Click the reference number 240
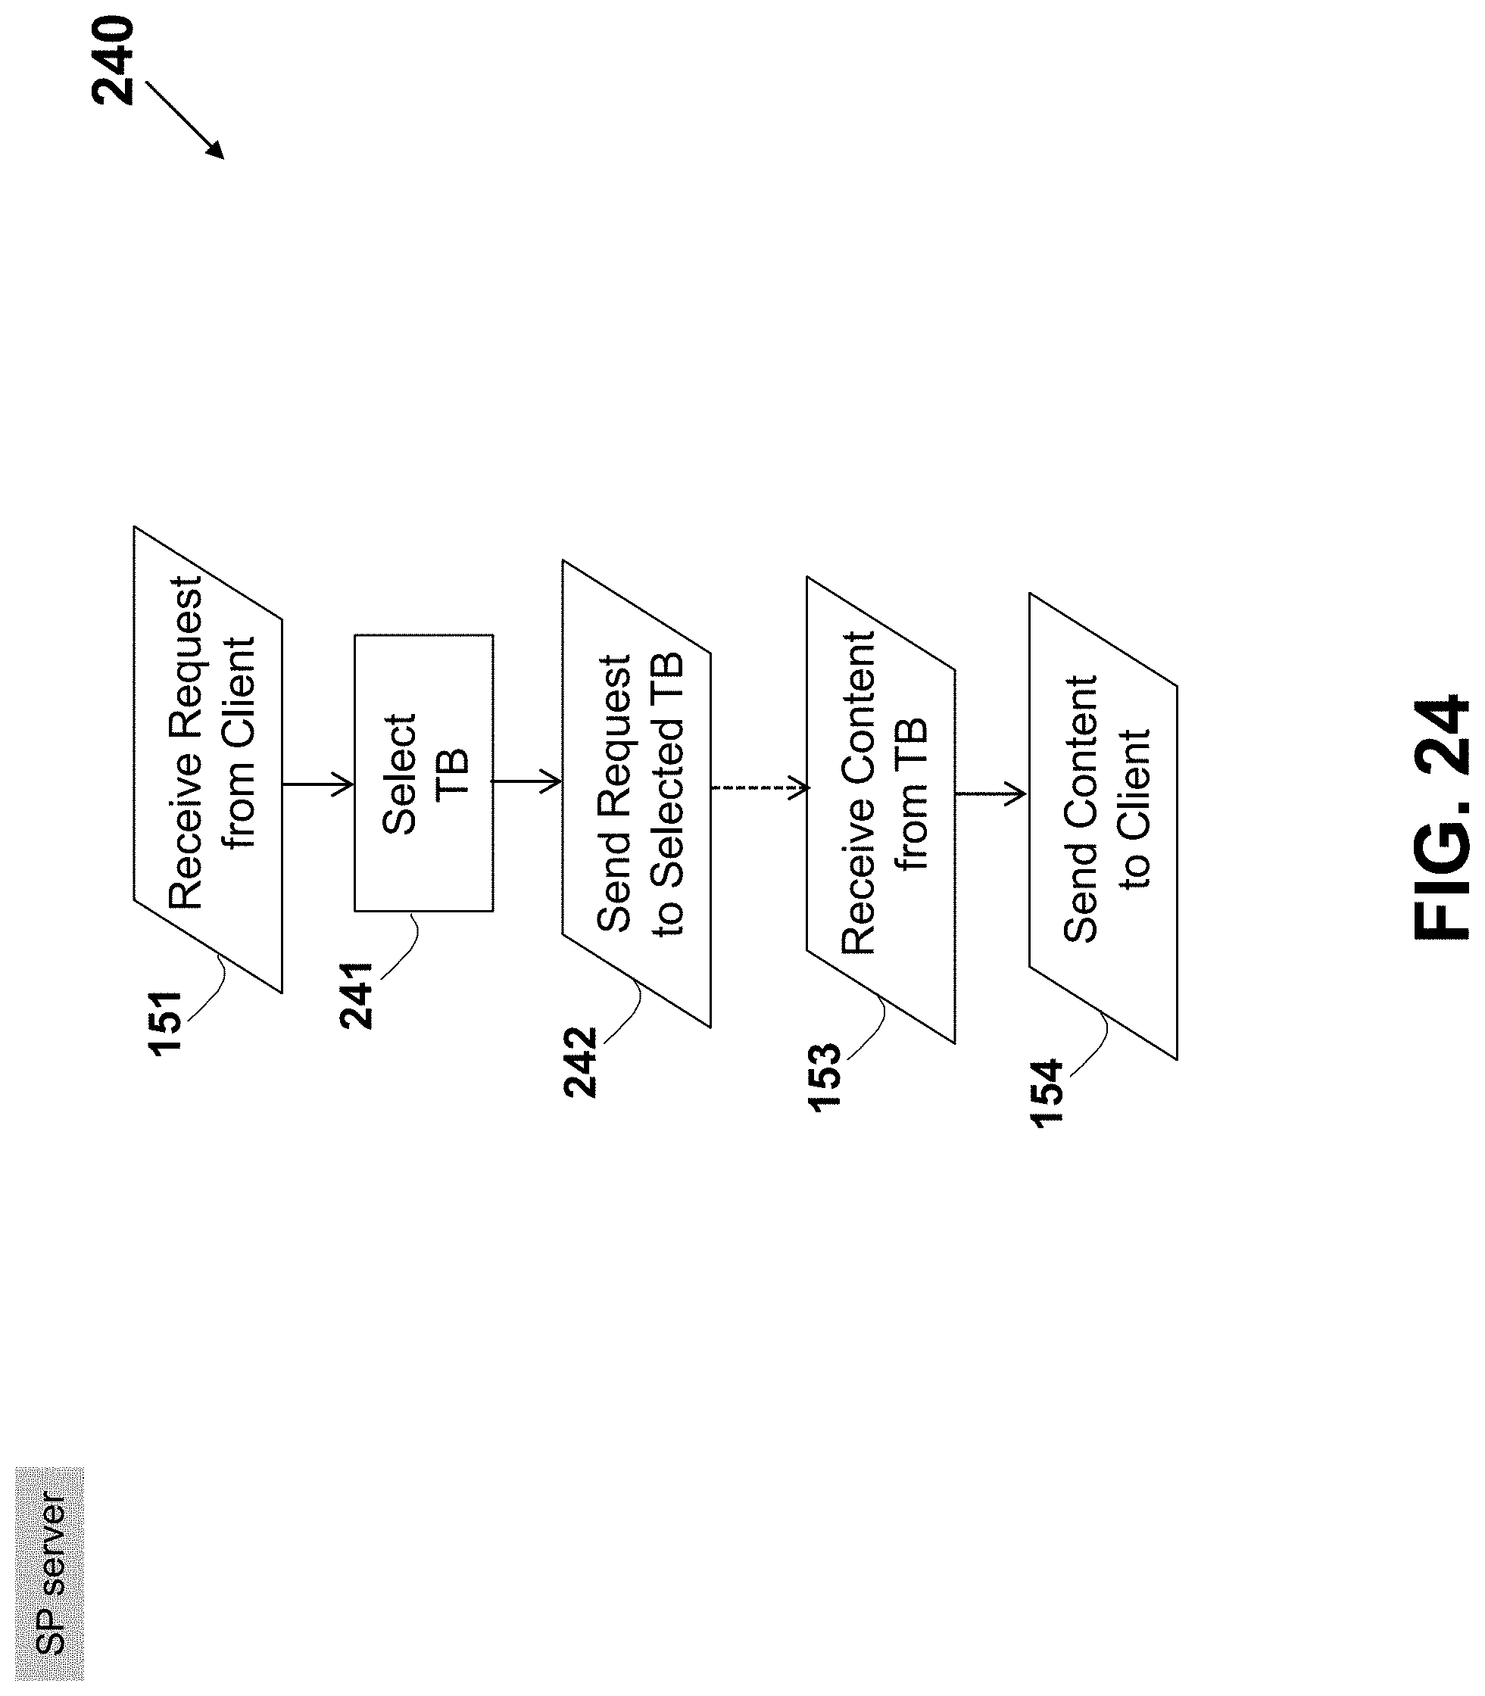tap(113, 61)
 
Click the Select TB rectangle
tap(423, 773)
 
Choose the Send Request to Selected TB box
tap(636, 793)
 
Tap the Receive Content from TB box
tap(881, 809)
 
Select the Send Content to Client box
tap(1103, 826)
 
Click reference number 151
tap(165, 1022)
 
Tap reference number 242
tap(580, 1062)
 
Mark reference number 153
tap(825, 1077)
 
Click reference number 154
tap(1047, 1093)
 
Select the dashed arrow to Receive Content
tap(759, 787)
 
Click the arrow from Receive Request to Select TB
tap(318, 783)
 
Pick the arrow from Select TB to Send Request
tap(527, 781)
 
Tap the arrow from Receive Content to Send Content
tap(991, 793)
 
